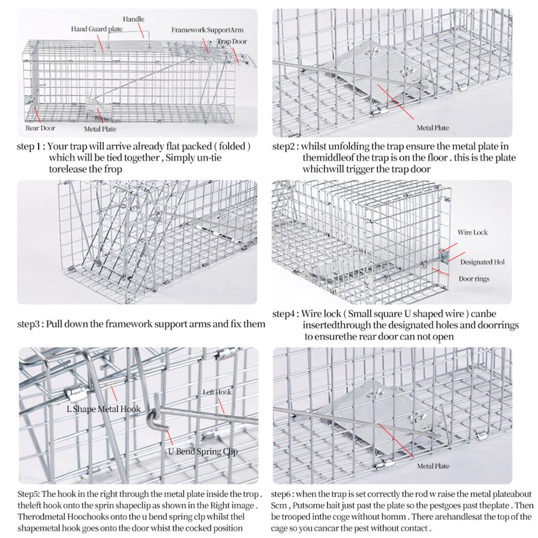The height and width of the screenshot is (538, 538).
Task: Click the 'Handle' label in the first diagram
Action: pos(134,19)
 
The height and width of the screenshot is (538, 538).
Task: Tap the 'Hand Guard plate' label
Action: pos(97,29)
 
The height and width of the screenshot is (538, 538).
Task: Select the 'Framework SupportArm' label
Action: pos(207,30)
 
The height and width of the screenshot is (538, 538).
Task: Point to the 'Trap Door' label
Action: pos(232,42)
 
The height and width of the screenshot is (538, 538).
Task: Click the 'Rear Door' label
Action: pos(41,128)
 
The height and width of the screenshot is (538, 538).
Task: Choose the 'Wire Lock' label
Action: pos(472,232)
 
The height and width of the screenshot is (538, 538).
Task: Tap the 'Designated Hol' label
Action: pos(482,262)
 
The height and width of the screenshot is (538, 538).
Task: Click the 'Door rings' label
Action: pos(474,279)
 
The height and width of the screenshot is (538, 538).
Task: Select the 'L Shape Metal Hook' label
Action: pos(103,409)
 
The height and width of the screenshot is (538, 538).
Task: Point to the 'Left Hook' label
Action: pos(217,392)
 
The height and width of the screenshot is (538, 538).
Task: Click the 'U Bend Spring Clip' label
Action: pos(203,451)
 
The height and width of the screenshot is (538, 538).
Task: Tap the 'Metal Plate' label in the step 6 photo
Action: pos(433,466)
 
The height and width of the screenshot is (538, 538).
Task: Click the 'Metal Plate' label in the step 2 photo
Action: pos(433,128)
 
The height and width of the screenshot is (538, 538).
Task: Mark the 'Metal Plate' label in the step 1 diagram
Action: pos(100,129)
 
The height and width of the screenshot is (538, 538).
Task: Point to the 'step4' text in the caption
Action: pos(285,314)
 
